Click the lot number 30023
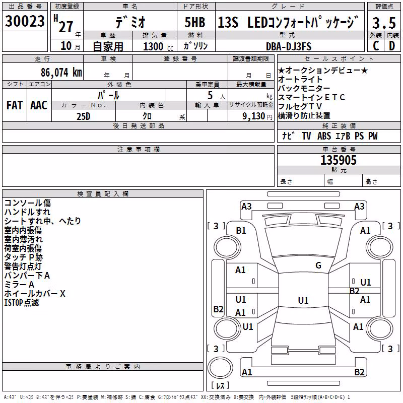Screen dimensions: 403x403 [x=25, y=21]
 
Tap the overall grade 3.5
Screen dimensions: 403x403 [x=384, y=23]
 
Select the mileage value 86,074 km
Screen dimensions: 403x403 [x=61, y=73]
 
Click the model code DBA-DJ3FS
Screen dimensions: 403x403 [x=289, y=46]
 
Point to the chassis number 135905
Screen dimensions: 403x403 [x=339, y=160]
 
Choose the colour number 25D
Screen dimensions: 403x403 [x=84, y=116]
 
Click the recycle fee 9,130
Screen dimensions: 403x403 [x=254, y=116]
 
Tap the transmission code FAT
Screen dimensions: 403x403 [x=15, y=105]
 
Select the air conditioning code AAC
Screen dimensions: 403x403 [x=39, y=105]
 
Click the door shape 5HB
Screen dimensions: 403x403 [x=195, y=22]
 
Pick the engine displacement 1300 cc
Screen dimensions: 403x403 [x=158, y=46]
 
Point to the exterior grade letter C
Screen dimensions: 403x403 [x=376, y=46]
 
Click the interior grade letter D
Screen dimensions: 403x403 [x=392, y=46]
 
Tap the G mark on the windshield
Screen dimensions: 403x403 [x=318, y=265]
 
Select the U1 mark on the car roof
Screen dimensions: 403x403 [x=303, y=300]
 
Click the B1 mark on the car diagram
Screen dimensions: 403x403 [x=241, y=231]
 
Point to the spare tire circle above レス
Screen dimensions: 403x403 [x=220, y=368]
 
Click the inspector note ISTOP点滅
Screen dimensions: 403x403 [x=21, y=303]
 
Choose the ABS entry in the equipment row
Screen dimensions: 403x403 [x=324, y=136]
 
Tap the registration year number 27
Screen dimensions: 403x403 [x=66, y=27]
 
